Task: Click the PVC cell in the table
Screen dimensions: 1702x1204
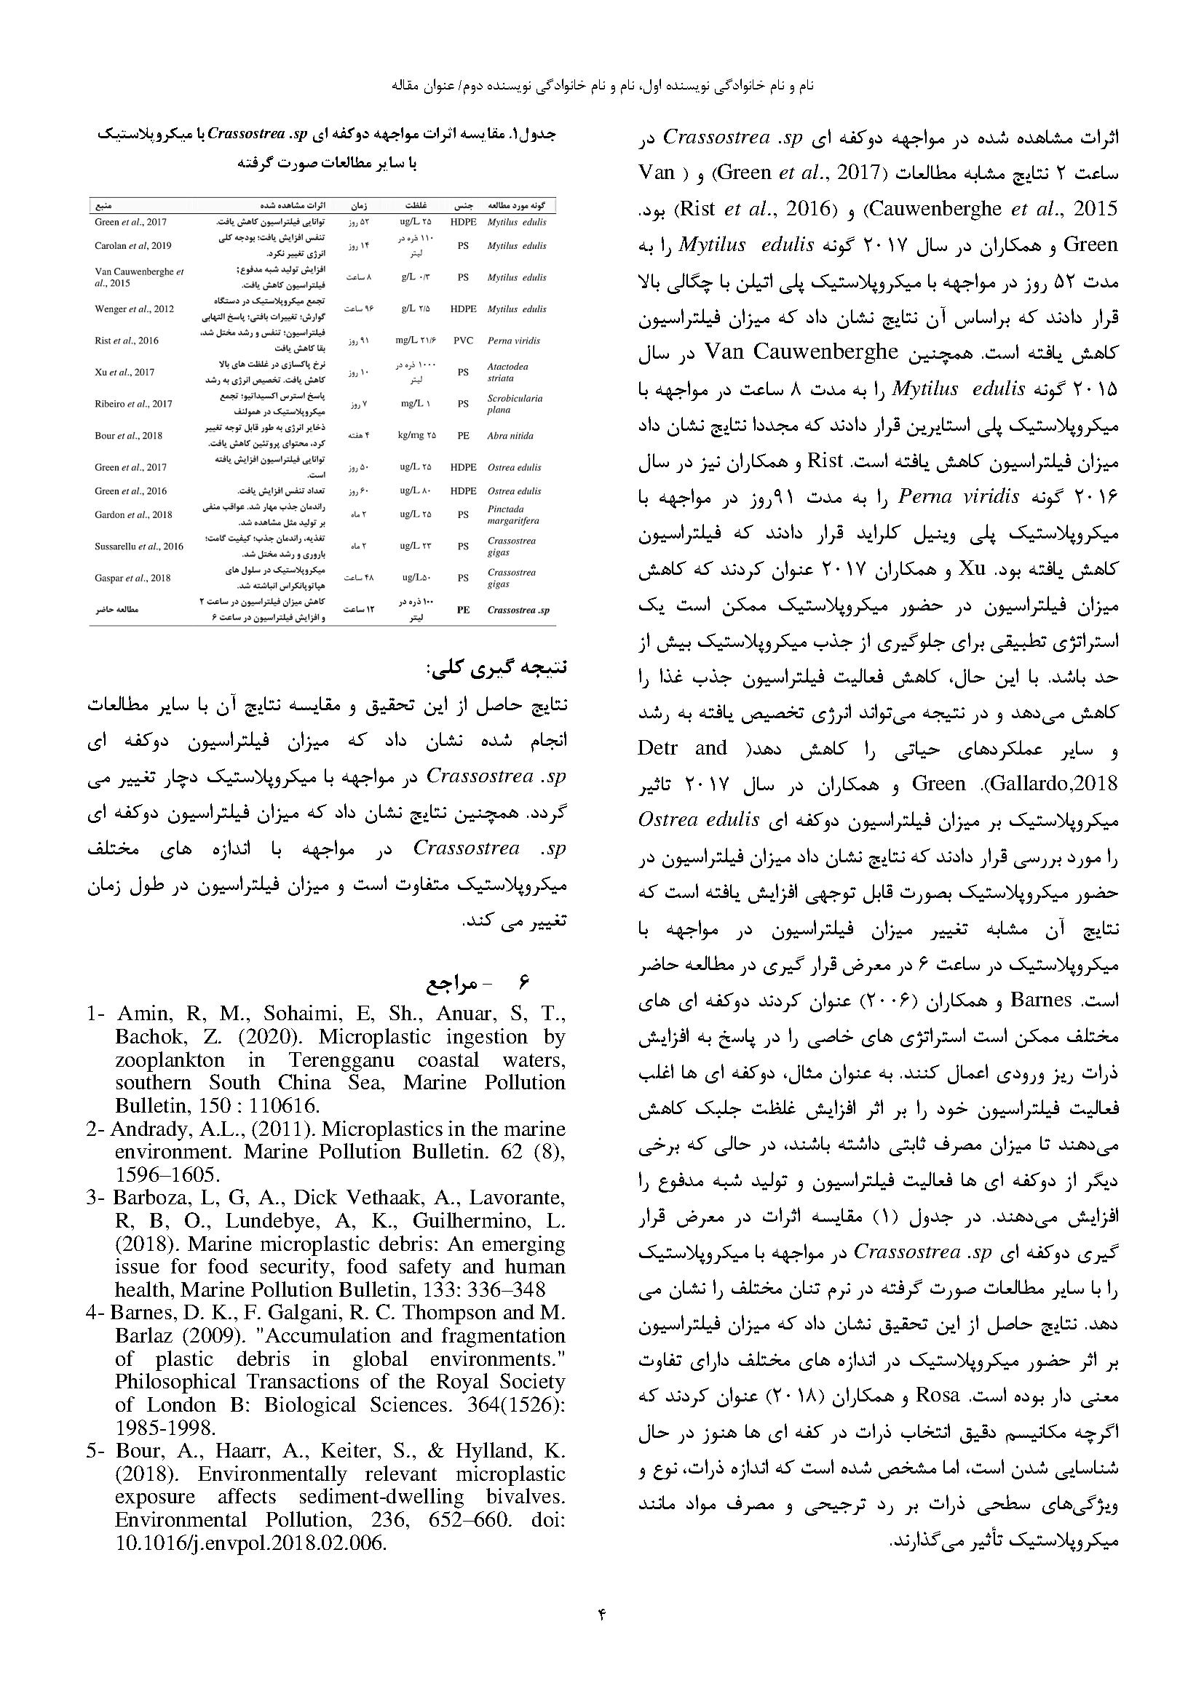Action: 464,341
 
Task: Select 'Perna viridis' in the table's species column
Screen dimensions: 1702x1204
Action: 514,341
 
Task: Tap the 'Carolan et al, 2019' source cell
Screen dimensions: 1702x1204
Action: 132,246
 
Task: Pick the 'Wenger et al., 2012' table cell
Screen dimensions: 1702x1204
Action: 134,309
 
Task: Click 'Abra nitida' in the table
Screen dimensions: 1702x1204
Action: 510,436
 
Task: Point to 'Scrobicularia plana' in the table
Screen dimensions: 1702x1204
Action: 515,404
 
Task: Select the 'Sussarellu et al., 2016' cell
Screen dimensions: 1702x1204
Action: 138,546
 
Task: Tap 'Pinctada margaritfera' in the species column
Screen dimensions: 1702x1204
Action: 513,514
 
